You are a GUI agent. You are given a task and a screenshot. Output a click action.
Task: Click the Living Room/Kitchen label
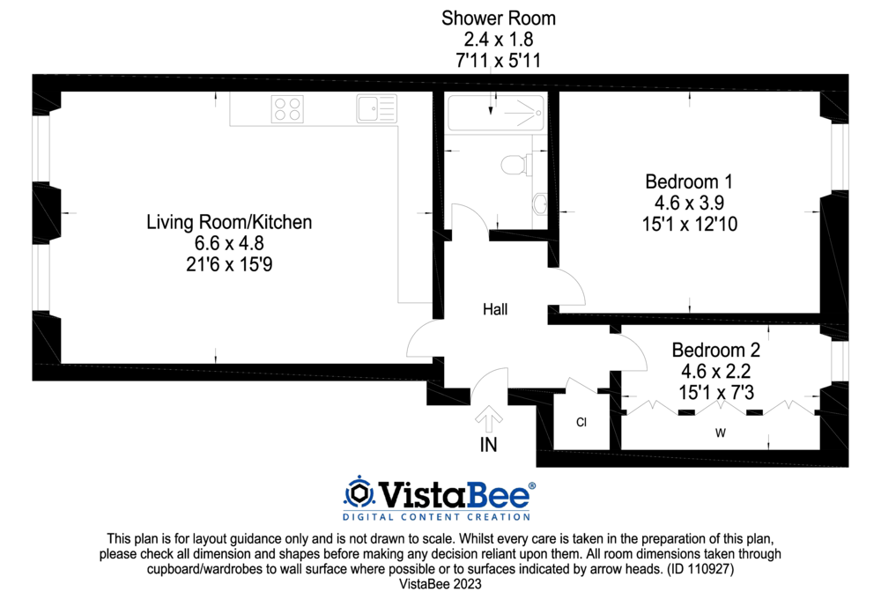click(229, 222)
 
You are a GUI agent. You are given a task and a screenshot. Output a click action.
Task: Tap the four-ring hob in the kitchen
click(287, 109)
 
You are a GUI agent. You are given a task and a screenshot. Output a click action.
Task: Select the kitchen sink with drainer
click(376, 108)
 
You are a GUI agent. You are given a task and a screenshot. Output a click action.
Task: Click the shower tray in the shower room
click(495, 113)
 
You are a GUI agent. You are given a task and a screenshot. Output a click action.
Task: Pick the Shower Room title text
click(499, 18)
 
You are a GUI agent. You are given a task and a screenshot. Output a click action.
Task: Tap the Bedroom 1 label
click(689, 181)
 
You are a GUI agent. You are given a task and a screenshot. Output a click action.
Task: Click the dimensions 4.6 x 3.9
click(689, 203)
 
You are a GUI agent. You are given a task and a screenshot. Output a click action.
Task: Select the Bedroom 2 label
click(715, 350)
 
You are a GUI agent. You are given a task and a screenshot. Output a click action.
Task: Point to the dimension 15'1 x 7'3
click(715, 392)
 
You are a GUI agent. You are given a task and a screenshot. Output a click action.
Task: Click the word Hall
click(495, 309)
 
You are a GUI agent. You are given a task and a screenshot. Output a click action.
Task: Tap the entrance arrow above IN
click(488, 418)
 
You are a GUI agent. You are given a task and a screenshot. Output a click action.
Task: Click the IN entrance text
click(488, 445)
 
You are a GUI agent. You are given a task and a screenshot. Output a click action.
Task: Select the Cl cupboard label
click(581, 422)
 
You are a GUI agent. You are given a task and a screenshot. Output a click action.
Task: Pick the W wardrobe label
click(721, 433)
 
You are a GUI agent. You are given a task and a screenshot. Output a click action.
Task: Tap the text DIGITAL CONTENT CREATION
click(437, 517)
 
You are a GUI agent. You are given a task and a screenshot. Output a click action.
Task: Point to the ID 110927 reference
click(700, 569)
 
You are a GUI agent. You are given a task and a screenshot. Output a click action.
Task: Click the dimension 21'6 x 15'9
click(229, 264)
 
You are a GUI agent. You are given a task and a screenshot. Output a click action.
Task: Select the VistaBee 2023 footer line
click(440, 584)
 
